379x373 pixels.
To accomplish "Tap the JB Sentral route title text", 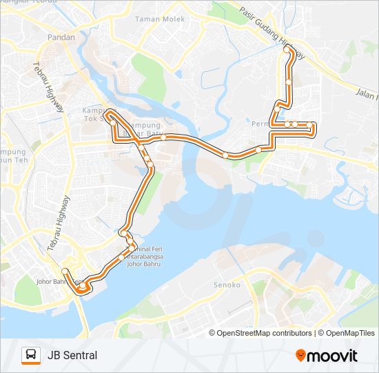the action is pyautogui.click(x=72, y=355).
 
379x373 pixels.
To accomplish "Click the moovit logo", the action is pyautogui.click(x=327, y=356).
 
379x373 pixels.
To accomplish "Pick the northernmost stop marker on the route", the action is pyautogui.click(x=287, y=50).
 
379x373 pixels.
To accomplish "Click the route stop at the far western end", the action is pyautogui.click(x=64, y=271).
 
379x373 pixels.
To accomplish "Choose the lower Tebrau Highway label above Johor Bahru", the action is pyautogui.click(x=59, y=223).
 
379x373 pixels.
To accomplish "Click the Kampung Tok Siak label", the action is pyautogui.click(x=95, y=115).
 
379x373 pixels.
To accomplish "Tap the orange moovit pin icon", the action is pyautogui.click(x=301, y=355).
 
